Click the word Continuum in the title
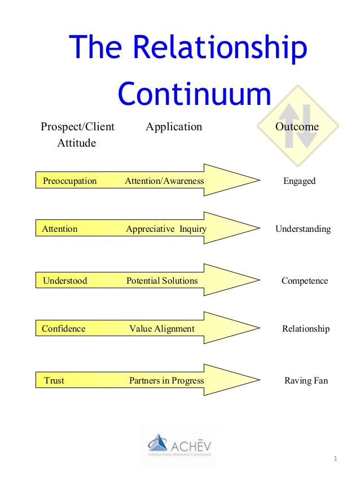point(194,94)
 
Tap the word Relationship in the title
point(224,49)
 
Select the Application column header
point(174,127)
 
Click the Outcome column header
point(297,127)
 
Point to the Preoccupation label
point(70,181)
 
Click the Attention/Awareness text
point(164,181)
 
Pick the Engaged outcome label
point(299,181)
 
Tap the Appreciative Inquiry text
point(166,229)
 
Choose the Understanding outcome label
point(303,229)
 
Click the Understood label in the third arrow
point(65,280)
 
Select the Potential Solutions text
point(162,280)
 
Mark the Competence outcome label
point(305,281)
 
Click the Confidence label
point(64,329)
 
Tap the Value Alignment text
point(162,329)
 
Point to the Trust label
point(54,381)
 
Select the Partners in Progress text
point(166,381)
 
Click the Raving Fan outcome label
point(306,381)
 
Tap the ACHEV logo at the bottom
point(179,444)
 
